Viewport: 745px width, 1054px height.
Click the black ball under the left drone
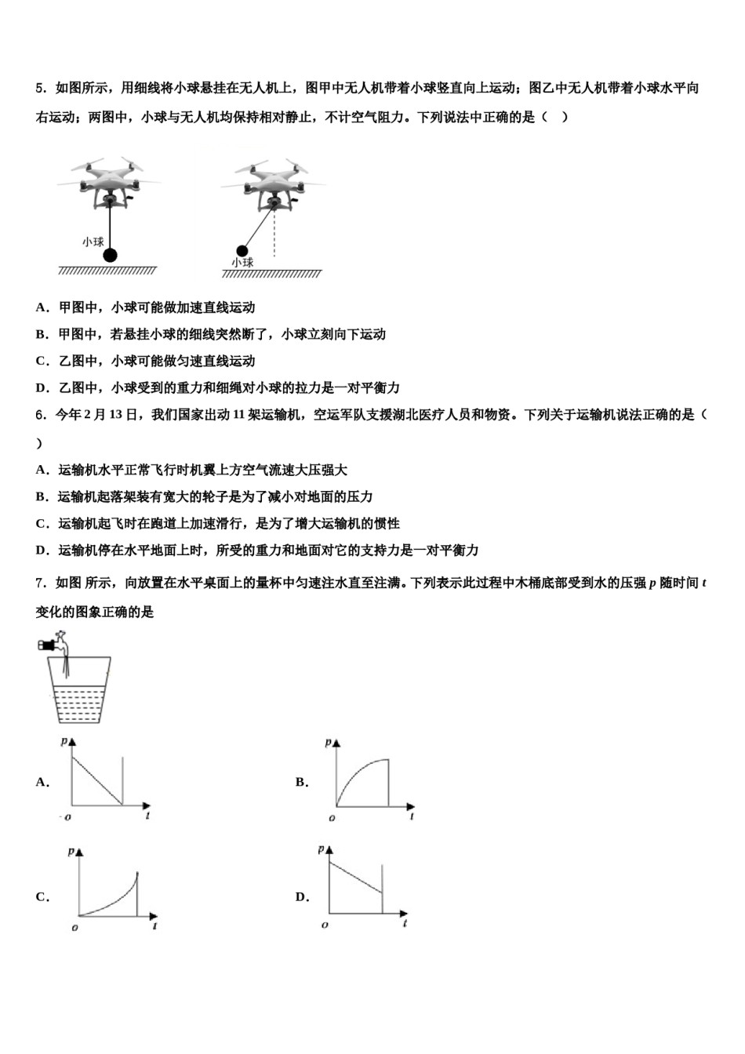click(111, 254)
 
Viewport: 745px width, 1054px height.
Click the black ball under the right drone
click(242, 251)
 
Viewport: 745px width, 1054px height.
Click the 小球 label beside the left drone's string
click(93, 242)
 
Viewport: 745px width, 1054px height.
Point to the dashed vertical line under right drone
click(274, 235)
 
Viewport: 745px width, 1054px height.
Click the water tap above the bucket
click(54, 645)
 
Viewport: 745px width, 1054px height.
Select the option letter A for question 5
click(41, 307)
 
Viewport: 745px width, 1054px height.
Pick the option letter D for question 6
click(41, 551)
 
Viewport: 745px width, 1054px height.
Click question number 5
click(40, 88)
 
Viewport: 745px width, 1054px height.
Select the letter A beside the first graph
click(42, 782)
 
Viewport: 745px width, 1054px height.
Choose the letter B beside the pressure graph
click(301, 782)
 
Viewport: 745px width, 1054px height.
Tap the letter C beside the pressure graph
click(41, 897)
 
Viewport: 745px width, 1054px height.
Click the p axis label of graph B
click(328, 742)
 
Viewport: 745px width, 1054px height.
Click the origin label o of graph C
click(74, 928)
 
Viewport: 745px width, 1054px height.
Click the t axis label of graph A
click(147, 816)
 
